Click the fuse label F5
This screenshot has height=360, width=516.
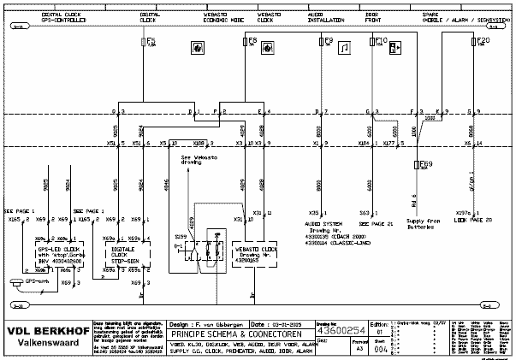[x=151, y=40]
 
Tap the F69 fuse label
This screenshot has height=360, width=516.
[x=425, y=162]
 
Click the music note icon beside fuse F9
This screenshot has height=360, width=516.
[x=344, y=48]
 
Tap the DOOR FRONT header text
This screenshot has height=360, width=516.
[x=372, y=16]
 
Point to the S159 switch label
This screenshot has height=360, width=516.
[x=181, y=235]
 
